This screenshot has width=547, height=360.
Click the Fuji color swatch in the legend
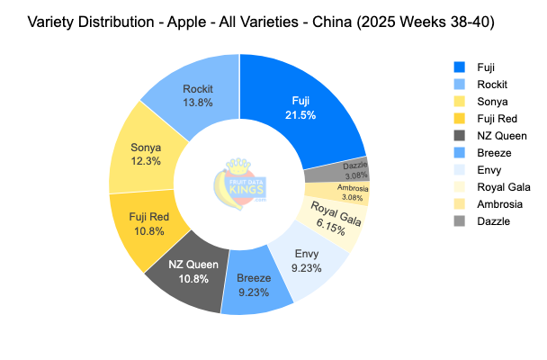pos(460,66)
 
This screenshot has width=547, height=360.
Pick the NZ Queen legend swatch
pos(460,135)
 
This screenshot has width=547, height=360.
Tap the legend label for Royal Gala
pos(503,187)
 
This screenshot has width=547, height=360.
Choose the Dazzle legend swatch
pos(460,221)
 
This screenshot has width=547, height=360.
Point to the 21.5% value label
pos(300,116)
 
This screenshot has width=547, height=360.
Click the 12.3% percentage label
pos(146,161)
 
